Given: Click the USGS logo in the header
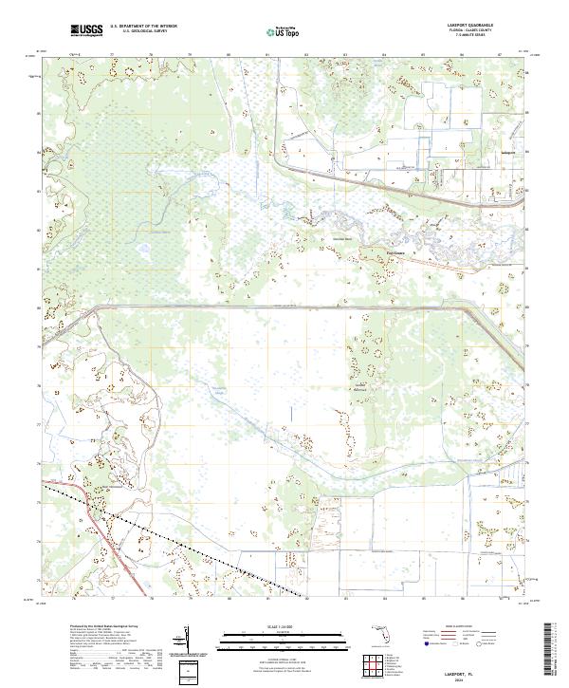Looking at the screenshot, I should click(x=84, y=31).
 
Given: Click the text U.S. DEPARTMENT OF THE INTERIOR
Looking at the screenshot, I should click(x=143, y=28).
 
